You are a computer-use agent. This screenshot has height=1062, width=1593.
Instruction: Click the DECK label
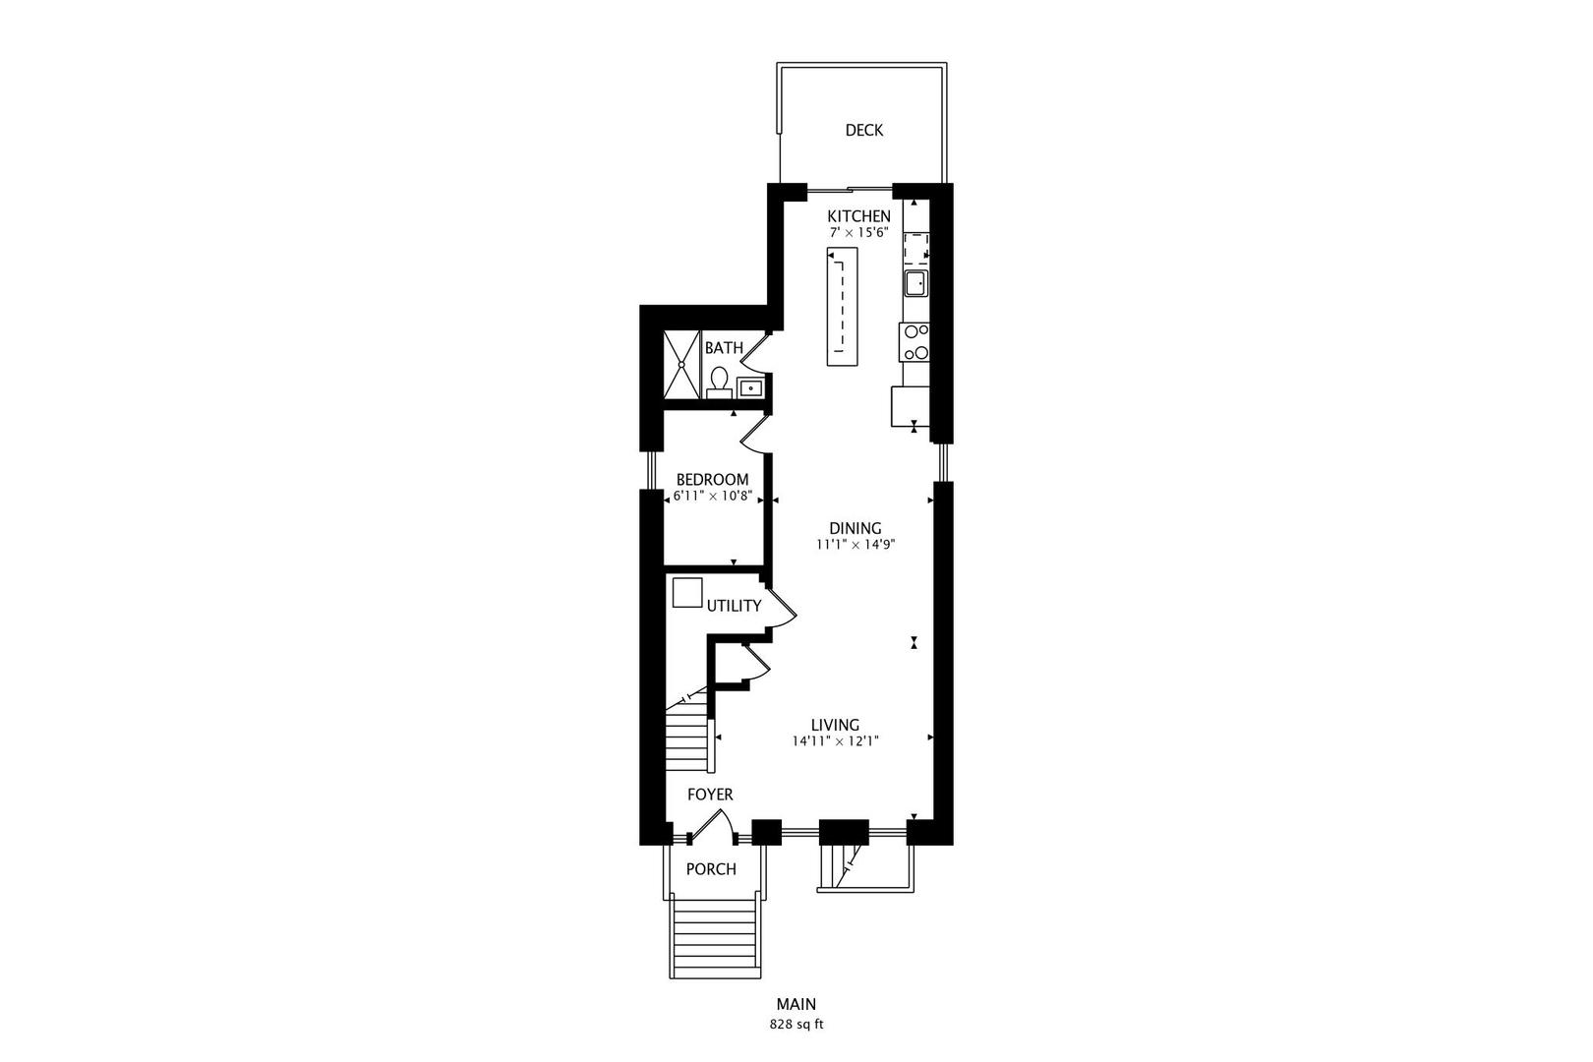[863, 130]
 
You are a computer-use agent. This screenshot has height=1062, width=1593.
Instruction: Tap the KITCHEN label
[858, 216]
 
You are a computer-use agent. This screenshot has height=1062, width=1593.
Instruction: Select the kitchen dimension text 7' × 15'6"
[858, 233]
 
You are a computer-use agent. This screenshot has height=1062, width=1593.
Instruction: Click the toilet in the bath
[719, 381]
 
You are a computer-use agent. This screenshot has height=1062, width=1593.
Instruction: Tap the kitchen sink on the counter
[915, 284]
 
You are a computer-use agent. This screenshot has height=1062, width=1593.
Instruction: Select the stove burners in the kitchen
[915, 341]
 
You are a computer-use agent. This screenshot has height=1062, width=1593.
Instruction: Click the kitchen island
[841, 307]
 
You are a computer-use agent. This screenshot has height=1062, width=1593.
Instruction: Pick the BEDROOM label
[712, 480]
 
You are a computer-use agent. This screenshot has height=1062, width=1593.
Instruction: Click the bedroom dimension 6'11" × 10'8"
[712, 497]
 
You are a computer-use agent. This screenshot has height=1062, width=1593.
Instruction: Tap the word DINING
[855, 528]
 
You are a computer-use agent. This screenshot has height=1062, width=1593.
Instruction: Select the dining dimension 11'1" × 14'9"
[855, 545]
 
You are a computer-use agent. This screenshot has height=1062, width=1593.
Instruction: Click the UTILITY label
[734, 606]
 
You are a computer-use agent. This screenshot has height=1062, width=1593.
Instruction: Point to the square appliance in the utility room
[687, 593]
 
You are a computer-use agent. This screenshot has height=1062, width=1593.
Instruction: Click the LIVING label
[835, 725]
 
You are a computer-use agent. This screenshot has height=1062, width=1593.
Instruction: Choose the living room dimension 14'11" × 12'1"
[835, 741]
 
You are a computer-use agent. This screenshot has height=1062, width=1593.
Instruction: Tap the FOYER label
[709, 795]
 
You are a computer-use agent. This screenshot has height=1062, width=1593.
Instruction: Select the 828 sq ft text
[796, 1024]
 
